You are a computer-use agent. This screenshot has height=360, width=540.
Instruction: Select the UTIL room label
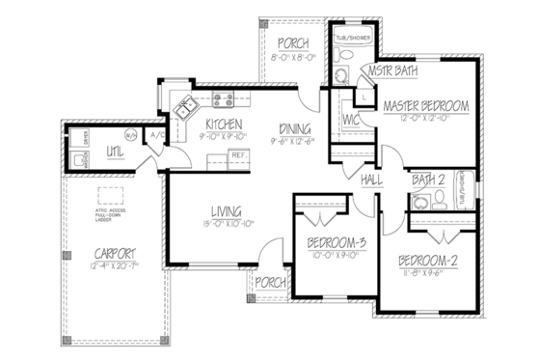115,152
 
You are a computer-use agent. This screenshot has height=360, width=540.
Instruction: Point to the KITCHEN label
222,125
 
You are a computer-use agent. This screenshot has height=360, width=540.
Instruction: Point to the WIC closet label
350,120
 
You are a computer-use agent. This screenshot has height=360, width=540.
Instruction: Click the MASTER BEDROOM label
424,104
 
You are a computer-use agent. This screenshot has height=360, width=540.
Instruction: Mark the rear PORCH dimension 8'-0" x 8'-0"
291,58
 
